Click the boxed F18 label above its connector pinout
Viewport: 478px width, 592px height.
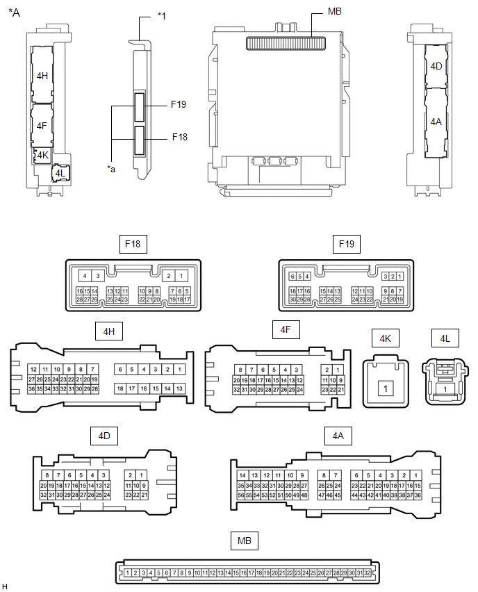click(133, 245)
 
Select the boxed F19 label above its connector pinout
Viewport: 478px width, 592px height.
click(346, 245)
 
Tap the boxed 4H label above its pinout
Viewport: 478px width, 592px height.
click(109, 331)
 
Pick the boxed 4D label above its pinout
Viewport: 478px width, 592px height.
click(104, 436)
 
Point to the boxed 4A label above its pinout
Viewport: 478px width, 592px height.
click(338, 436)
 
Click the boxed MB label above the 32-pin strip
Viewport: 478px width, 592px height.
click(245, 539)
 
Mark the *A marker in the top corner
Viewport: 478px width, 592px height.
click(14, 12)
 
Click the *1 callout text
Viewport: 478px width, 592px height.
click(162, 15)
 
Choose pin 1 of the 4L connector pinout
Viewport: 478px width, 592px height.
click(445, 390)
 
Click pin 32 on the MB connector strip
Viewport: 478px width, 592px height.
click(367, 573)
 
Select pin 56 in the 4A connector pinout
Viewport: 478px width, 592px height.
click(241, 495)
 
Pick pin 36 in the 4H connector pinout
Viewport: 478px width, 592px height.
click(31, 389)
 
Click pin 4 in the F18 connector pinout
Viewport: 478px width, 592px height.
click(83, 276)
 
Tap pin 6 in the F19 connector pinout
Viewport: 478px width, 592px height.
click(291, 276)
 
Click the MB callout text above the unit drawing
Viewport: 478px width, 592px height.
click(333, 13)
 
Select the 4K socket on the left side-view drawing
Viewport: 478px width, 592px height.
click(42, 154)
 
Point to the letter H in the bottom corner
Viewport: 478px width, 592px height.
click(5, 587)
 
